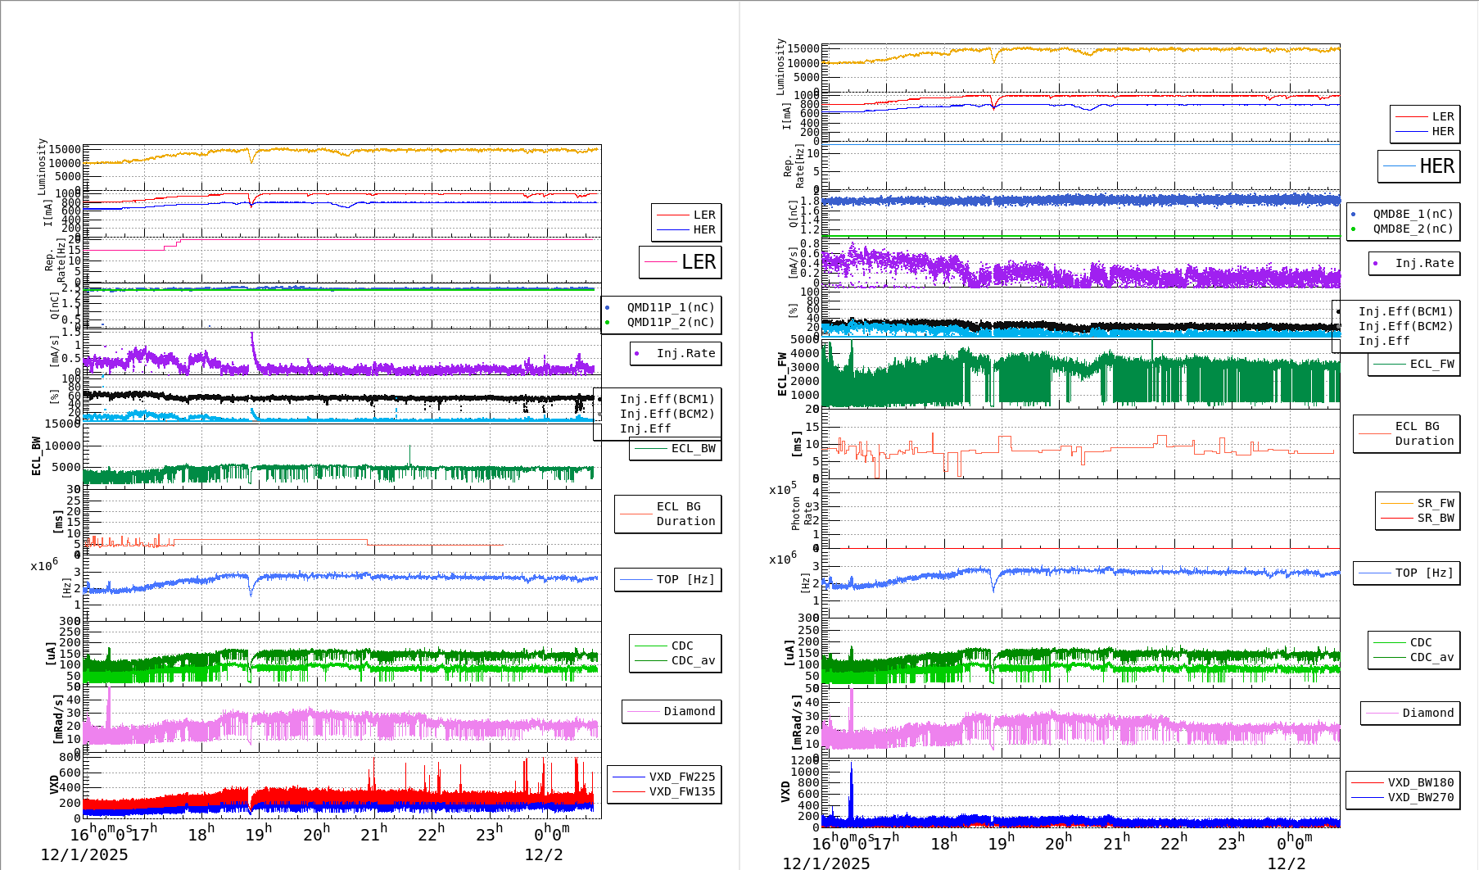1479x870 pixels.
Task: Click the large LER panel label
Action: pos(698,262)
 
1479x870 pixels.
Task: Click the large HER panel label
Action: pos(1436,166)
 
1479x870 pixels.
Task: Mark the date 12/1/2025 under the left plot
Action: pos(84,854)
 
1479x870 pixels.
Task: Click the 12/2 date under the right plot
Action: pos(1286,863)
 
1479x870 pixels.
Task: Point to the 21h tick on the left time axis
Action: pos(374,834)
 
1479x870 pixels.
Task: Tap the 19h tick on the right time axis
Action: pos(1002,843)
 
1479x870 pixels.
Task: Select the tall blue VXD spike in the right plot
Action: pos(851,791)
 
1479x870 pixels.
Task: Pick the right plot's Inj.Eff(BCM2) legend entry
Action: pos(1405,326)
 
